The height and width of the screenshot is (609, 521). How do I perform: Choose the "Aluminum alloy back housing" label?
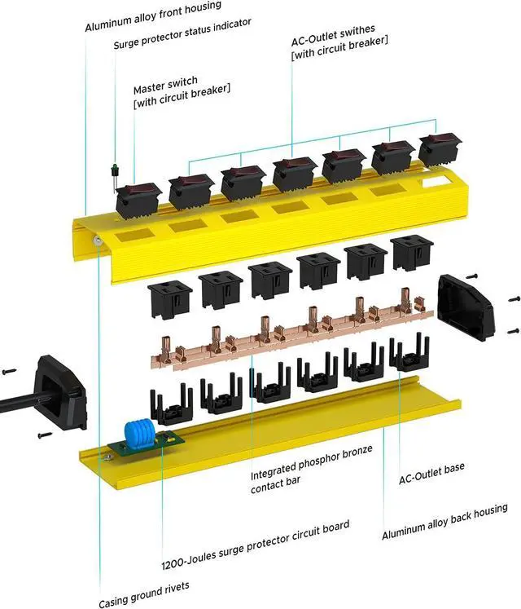click(x=444, y=522)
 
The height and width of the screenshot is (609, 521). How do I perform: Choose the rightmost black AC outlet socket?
click(x=413, y=254)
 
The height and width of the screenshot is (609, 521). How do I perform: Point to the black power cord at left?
click(x=16, y=399)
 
